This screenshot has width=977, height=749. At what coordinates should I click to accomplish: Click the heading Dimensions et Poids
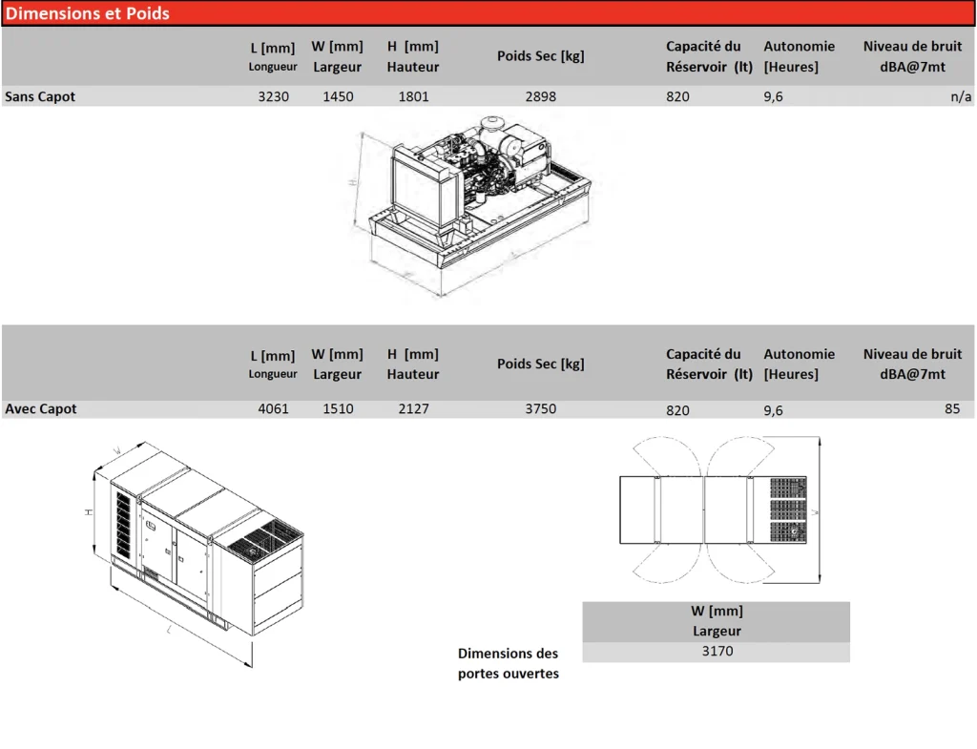pos(88,13)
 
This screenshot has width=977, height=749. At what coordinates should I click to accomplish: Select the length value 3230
pos(273,96)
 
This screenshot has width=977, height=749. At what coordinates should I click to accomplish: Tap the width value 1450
pos(338,96)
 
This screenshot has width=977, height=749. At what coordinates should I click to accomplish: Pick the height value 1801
pos(413,96)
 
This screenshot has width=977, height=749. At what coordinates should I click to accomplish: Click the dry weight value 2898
pos(540,96)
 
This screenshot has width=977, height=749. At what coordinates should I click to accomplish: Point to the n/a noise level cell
pos(961,96)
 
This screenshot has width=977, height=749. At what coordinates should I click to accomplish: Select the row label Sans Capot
pos(40,96)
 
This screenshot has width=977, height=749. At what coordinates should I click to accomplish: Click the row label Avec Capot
pos(41,408)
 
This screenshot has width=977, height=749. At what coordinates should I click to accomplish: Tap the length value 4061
pos(273,408)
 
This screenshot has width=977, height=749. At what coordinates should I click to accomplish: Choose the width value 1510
pos(338,408)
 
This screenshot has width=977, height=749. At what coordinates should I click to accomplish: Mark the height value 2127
pos(413,408)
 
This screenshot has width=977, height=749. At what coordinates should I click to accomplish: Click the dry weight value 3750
pos(540,408)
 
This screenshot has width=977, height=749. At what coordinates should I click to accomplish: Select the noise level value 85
pos(952,408)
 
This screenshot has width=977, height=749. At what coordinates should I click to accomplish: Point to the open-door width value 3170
pos(717,652)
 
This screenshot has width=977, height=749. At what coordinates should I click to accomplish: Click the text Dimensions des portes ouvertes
pos(509,663)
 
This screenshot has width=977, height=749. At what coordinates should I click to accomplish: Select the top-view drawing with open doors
pos(716,510)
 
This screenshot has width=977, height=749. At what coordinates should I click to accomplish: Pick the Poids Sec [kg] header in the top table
pos(540,56)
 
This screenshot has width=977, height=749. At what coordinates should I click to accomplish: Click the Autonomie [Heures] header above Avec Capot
pos(799,364)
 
